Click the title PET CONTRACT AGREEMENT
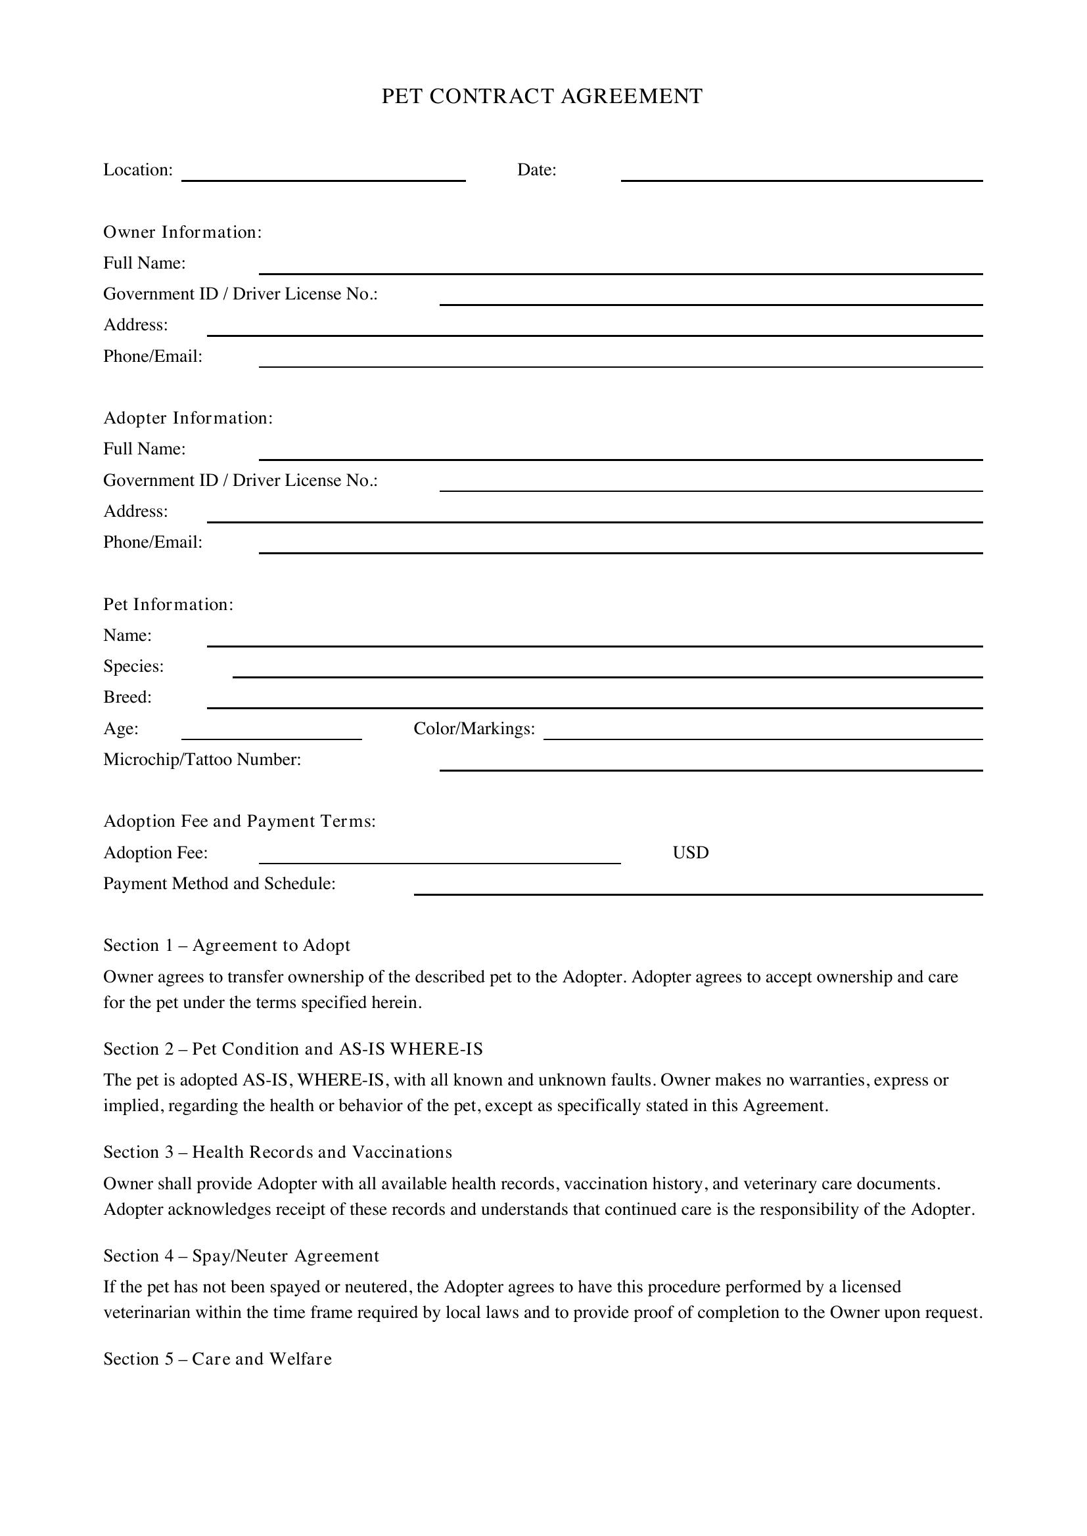point(542,97)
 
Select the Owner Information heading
point(182,232)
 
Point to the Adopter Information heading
point(188,418)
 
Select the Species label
point(133,667)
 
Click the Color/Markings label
point(474,728)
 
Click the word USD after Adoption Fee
point(690,853)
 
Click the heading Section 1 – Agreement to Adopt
point(226,945)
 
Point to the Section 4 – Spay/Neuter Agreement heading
point(241,1256)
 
